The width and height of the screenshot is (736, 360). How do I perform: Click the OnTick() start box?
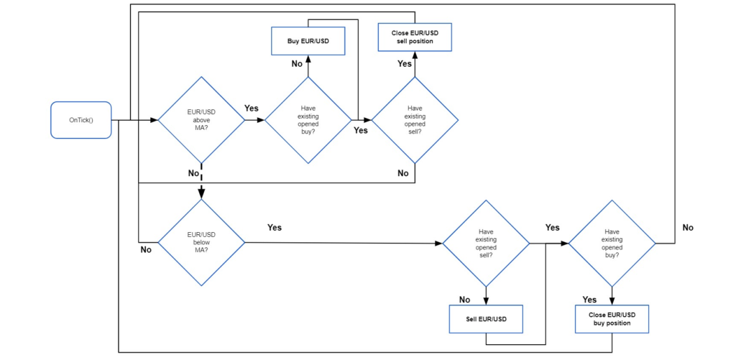click(81, 120)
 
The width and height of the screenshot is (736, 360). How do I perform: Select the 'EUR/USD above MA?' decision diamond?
click(201, 120)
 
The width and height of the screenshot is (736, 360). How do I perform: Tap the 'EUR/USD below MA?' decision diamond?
click(201, 242)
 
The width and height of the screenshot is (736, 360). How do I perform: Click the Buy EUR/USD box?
click(308, 40)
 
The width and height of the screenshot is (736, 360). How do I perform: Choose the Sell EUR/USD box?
click(486, 318)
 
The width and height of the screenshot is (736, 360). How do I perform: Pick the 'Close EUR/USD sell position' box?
click(415, 37)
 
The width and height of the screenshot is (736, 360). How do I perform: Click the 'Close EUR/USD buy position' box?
click(612, 318)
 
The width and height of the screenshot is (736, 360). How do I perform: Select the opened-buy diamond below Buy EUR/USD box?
click(308, 120)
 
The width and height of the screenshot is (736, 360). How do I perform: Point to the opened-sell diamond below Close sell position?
click(415, 120)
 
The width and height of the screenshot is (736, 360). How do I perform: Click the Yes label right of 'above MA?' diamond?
click(252, 108)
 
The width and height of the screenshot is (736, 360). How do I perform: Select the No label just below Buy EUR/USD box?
click(297, 64)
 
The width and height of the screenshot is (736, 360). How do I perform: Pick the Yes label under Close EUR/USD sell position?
click(405, 64)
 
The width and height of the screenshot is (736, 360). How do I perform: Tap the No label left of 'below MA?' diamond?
click(147, 250)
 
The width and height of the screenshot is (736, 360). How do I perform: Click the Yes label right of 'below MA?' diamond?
click(275, 227)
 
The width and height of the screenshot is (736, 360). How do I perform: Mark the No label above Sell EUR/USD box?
click(464, 300)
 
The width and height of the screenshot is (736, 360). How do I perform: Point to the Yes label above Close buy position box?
click(589, 300)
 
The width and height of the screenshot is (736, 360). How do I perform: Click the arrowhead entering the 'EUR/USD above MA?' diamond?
click(155, 120)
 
